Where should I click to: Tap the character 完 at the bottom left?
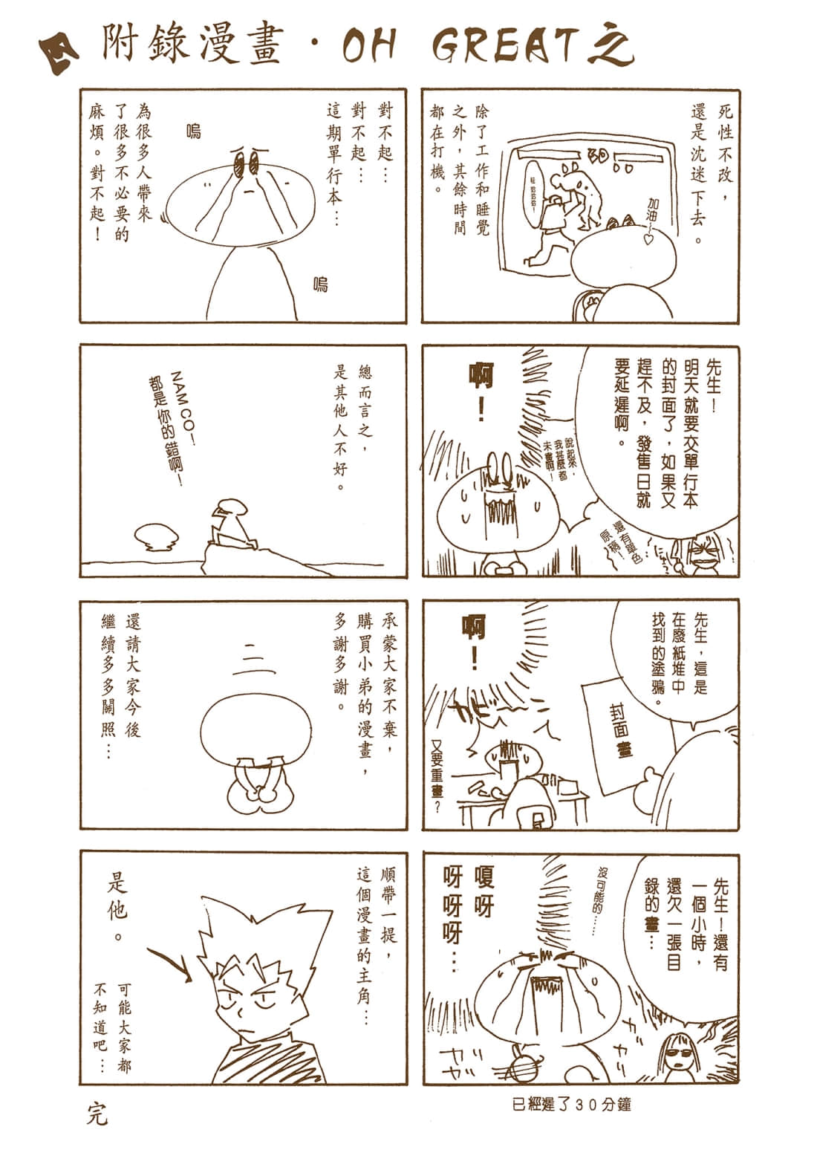tap(97, 1115)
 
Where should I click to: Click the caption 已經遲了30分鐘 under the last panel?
tap(571, 1104)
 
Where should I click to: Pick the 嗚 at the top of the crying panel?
tap(194, 132)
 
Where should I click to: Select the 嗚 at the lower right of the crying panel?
tap(320, 283)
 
